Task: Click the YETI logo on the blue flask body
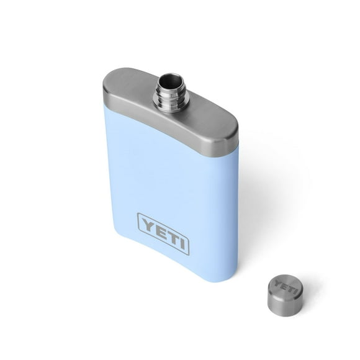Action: pos(163,233)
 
